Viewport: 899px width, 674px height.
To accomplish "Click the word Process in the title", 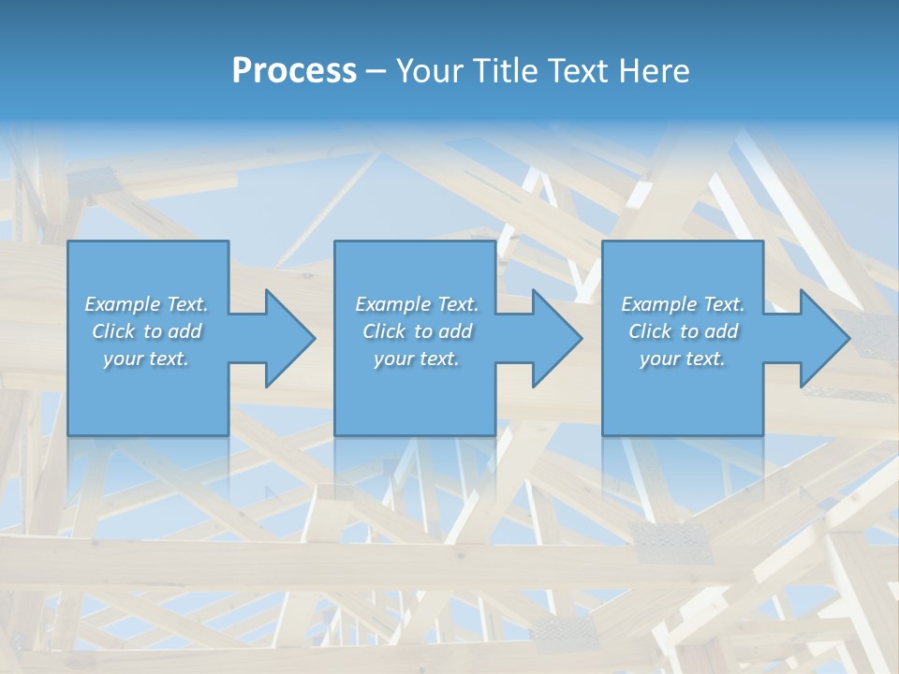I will click(294, 71).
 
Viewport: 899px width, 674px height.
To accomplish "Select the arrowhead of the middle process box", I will click(555, 338).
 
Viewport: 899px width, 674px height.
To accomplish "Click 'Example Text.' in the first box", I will click(146, 304).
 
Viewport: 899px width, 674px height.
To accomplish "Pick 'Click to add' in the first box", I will click(146, 331).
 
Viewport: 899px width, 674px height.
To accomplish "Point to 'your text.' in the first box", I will click(146, 359).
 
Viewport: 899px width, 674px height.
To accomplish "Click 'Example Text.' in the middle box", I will click(416, 304).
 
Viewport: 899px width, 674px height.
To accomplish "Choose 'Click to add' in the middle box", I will click(416, 331).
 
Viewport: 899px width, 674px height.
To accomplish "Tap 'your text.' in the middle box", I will click(416, 359).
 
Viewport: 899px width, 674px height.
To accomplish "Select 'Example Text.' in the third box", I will click(683, 304).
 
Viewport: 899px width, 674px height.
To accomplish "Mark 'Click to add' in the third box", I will click(683, 331).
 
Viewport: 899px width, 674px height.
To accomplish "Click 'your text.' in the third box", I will click(683, 359).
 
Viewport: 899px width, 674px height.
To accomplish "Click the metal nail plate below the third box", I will click(671, 537).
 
